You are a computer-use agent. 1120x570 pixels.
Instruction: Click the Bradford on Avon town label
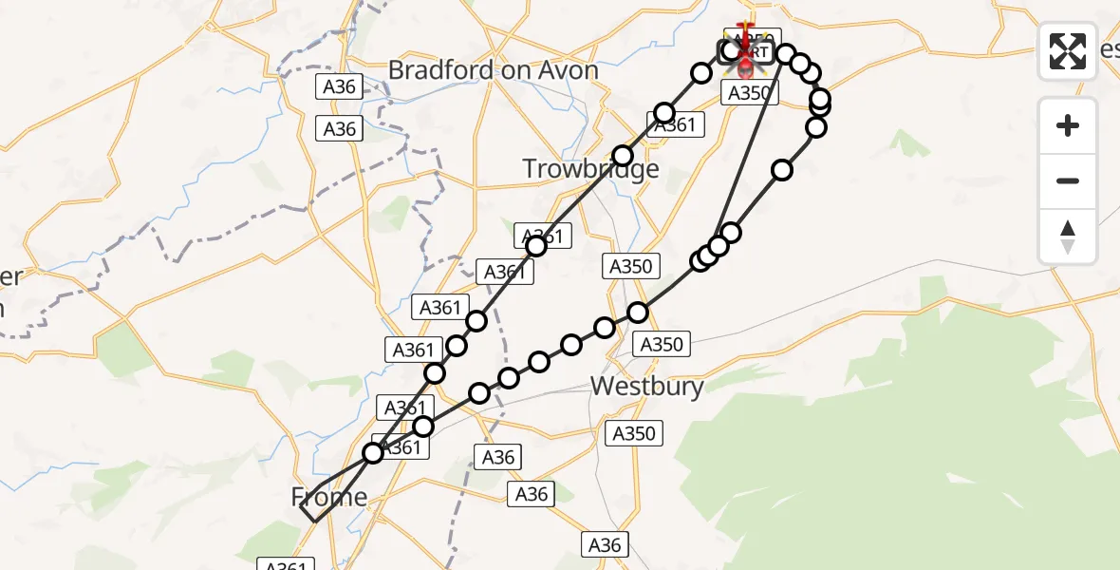[x=494, y=70]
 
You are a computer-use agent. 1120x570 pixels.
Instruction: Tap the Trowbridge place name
[x=590, y=169]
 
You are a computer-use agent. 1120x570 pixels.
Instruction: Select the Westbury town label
[x=647, y=387]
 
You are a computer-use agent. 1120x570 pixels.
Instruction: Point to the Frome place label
[x=329, y=497]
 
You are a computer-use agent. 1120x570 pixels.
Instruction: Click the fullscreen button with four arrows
[x=1068, y=50]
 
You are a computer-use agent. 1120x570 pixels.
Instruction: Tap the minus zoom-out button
[x=1068, y=180]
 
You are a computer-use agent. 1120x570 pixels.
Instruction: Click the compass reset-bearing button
[x=1068, y=237]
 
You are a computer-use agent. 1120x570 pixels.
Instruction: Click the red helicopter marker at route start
[x=745, y=57]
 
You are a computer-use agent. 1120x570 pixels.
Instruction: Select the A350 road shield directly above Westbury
[x=662, y=344]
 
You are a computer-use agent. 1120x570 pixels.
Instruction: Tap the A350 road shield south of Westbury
[x=633, y=433]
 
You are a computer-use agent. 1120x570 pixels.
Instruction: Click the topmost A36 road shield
[x=339, y=86]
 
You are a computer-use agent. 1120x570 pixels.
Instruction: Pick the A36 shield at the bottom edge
[x=605, y=544]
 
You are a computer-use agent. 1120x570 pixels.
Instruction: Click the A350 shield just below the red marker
[x=750, y=92]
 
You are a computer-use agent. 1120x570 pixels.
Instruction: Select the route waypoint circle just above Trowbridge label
[x=623, y=155]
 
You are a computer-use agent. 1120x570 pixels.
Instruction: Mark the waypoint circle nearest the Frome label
[x=373, y=453]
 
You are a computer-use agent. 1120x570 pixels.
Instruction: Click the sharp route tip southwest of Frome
[x=301, y=510]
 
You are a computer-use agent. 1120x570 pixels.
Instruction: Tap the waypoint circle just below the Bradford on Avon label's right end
[x=664, y=113]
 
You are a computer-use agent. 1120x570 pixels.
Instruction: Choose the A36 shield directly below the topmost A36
[x=339, y=129]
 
